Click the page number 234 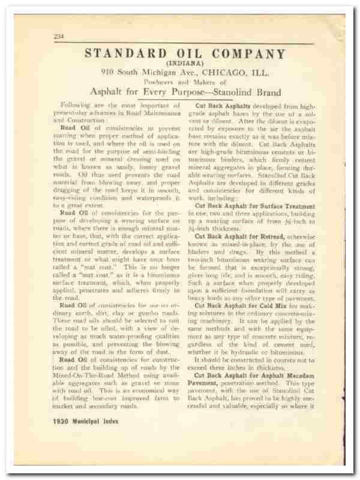(59, 37)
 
